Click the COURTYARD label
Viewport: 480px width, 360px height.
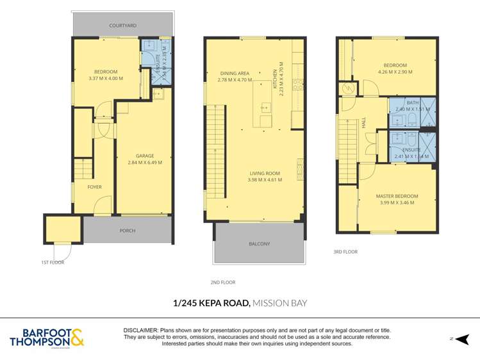click(122, 26)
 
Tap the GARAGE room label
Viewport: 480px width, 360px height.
click(144, 156)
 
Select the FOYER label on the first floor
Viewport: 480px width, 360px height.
click(94, 187)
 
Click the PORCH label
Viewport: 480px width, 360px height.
click(127, 231)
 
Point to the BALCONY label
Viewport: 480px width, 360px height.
click(259, 243)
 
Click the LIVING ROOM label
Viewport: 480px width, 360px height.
click(265, 173)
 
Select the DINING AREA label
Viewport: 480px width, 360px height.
click(234, 74)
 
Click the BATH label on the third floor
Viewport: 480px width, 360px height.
click(412, 102)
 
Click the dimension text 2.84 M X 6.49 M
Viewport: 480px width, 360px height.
click(144, 163)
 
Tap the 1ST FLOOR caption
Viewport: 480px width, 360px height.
click(53, 262)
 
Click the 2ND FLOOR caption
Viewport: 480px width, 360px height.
click(223, 282)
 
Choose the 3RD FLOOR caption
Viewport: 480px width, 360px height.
click(345, 252)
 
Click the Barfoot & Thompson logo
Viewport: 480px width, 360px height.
click(46, 338)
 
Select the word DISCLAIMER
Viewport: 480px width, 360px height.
click(140, 330)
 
